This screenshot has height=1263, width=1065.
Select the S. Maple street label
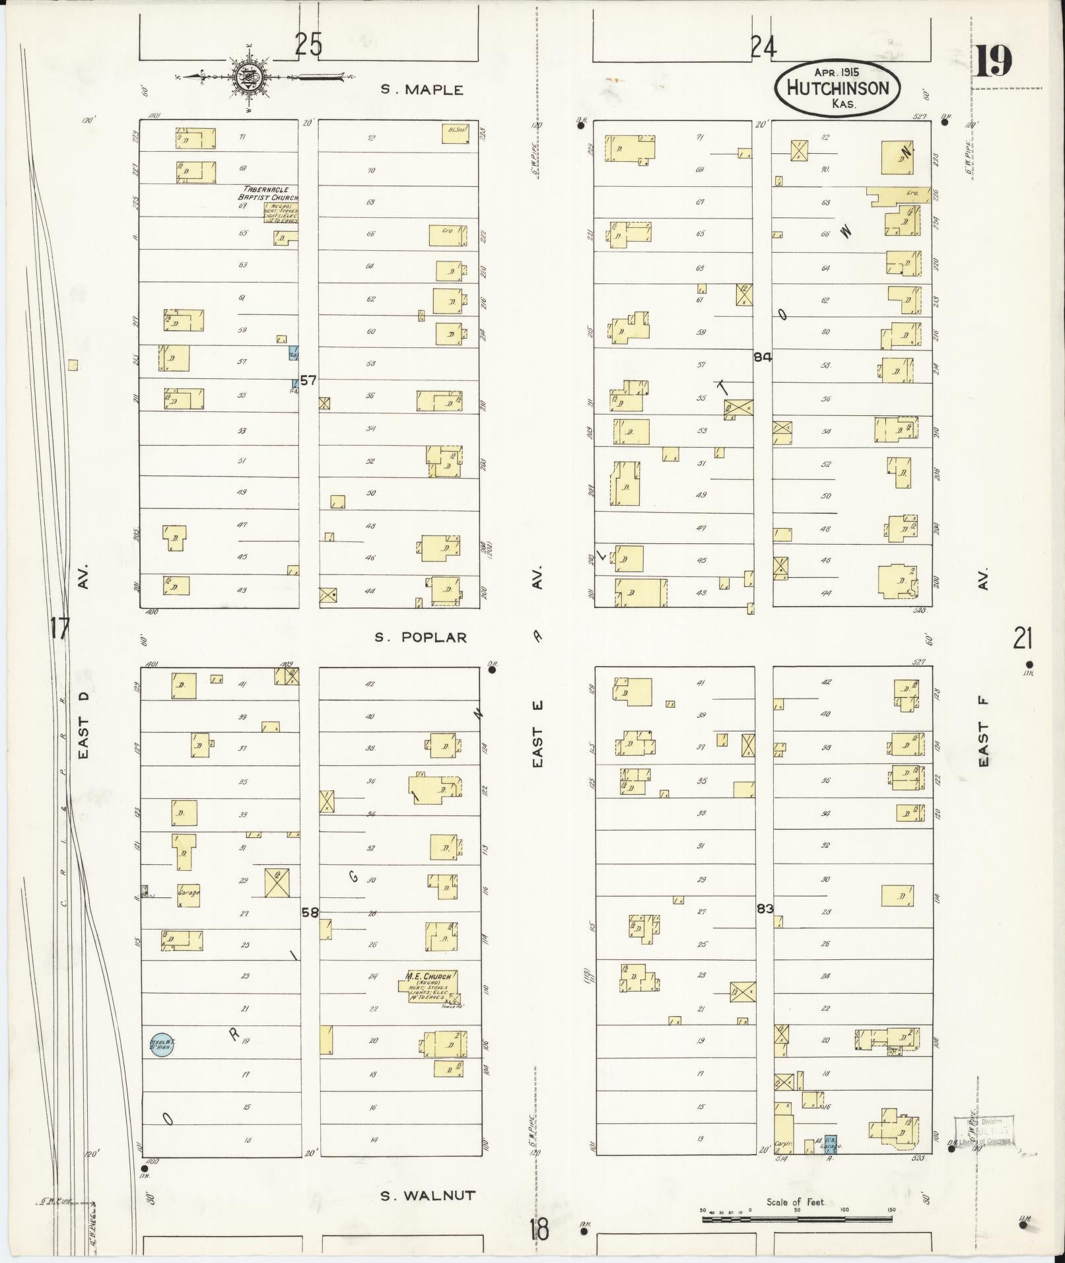tap(422, 90)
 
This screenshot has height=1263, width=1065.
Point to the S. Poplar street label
tap(421, 637)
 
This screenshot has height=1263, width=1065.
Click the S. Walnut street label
tap(428, 1194)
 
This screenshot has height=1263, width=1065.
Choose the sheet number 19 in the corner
tap(993, 63)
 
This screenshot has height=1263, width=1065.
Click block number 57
tap(308, 380)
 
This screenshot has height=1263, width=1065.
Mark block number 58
tap(310, 912)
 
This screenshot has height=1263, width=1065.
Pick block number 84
tap(763, 357)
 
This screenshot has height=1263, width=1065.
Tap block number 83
tap(765, 908)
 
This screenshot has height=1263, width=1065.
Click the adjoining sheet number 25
tap(308, 46)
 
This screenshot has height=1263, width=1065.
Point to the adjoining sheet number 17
tap(59, 628)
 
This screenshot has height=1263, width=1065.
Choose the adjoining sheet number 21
tap(1023, 638)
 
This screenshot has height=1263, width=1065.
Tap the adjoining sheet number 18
tap(539, 1230)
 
